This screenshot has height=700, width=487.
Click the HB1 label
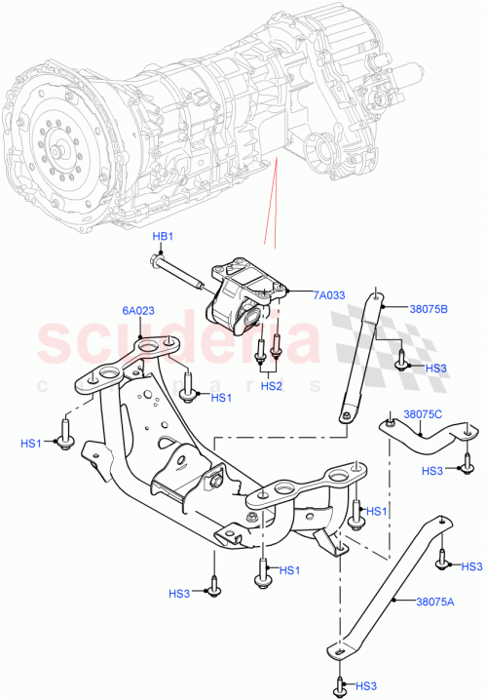[x=162, y=237]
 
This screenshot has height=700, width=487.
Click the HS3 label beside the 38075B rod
[x=436, y=369]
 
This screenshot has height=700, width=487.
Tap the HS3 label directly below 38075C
[x=433, y=470]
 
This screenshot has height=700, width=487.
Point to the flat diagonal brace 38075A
[x=390, y=585]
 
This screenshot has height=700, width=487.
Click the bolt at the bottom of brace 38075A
[x=338, y=683]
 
